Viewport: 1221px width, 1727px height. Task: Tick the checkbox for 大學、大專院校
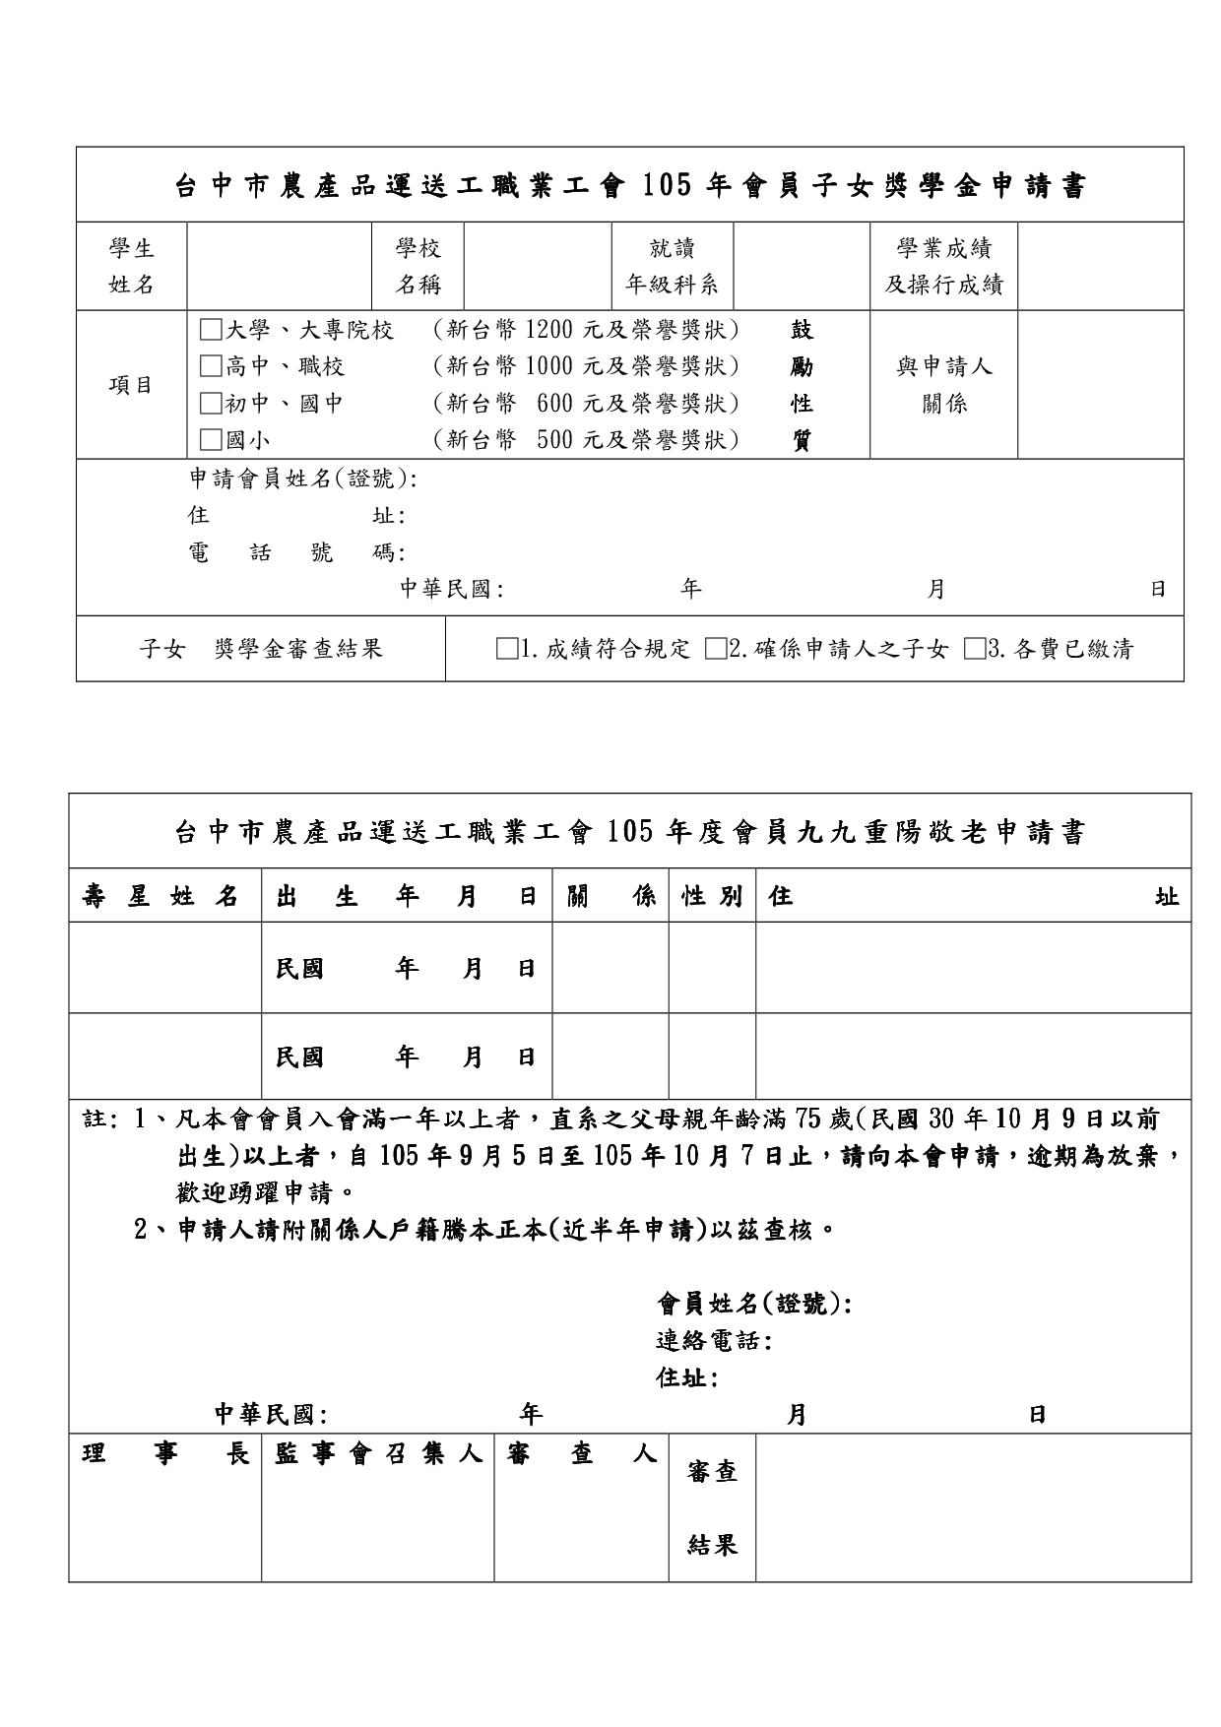click(x=211, y=330)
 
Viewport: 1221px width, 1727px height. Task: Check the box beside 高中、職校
click(x=211, y=367)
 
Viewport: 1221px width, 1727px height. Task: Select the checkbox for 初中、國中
click(x=211, y=404)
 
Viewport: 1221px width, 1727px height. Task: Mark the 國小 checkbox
click(x=211, y=440)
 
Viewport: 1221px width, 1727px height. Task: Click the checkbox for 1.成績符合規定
click(x=507, y=649)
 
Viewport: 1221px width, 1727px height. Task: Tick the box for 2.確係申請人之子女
click(x=716, y=649)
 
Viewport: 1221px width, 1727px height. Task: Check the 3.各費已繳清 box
click(x=975, y=649)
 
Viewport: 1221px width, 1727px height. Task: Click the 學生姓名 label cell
click(x=131, y=266)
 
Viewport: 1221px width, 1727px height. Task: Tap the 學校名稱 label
click(x=418, y=266)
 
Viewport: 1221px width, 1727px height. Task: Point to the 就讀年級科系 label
click(x=673, y=266)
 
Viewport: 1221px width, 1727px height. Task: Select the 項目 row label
click(x=131, y=385)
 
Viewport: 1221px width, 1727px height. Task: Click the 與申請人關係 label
click(x=943, y=385)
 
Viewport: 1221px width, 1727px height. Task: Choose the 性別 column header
click(x=712, y=896)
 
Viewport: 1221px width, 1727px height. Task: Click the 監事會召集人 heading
click(x=378, y=1454)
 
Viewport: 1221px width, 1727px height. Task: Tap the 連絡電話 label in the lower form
click(x=713, y=1341)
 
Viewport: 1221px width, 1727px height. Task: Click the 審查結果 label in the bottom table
click(x=712, y=1508)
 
